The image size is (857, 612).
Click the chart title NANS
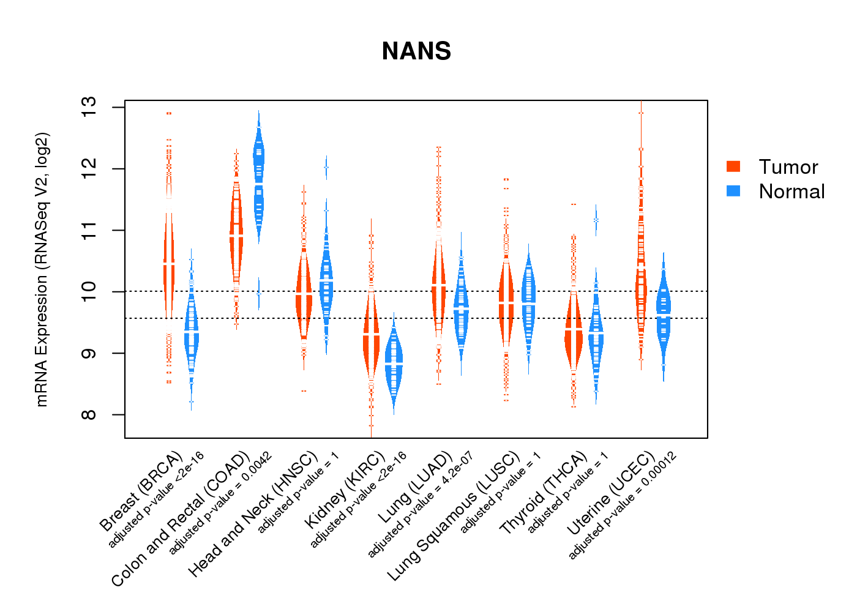click(x=416, y=51)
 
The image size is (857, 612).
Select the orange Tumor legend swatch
click(x=733, y=166)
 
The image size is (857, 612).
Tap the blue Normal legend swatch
click(x=733, y=191)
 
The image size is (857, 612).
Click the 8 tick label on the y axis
click(x=88, y=415)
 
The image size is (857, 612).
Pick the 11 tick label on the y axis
click(x=88, y=230)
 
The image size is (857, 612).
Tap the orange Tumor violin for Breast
click(x=169, y=264)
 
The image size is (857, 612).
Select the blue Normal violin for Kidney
click(x=394, y=364)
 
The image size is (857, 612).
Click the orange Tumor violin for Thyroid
click(x=574, y=330)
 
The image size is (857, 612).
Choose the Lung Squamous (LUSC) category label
click(x=454, y=515)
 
